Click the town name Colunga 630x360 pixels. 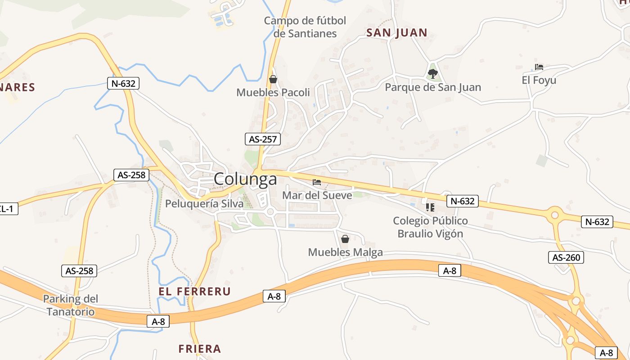tap(245, 179)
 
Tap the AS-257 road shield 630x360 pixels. tap(263, 139)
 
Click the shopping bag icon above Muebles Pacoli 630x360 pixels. tap(273, 80)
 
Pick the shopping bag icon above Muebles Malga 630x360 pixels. tap(345, 239)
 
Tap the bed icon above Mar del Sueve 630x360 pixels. tap(317, 182)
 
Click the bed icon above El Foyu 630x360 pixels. tap(539, 67)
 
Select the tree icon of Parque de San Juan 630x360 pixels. tap(433, 73)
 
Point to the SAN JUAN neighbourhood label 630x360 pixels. tap(396, 33)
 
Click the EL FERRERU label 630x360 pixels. tap(194, 292)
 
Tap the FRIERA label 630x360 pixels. tap(200, 349)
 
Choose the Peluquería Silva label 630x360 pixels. tap(204, 204)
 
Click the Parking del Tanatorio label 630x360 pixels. tap(71, 305)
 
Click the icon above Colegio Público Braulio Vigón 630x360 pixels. tap(430, 207)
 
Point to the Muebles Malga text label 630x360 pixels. tap(345, 252)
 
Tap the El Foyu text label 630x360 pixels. tap(539, 81)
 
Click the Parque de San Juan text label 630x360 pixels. tap(433, 87)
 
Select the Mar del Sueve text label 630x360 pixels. tap(317, 195)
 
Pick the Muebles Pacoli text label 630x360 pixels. tap(273, 93)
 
